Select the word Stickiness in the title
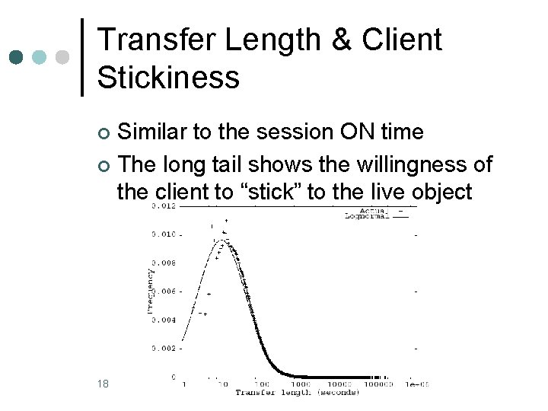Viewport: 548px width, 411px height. coord(169,77)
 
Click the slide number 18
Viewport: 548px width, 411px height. coord(104,383)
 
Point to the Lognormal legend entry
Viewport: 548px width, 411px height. coord(368,216)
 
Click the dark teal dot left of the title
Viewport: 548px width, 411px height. coord(16,57)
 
